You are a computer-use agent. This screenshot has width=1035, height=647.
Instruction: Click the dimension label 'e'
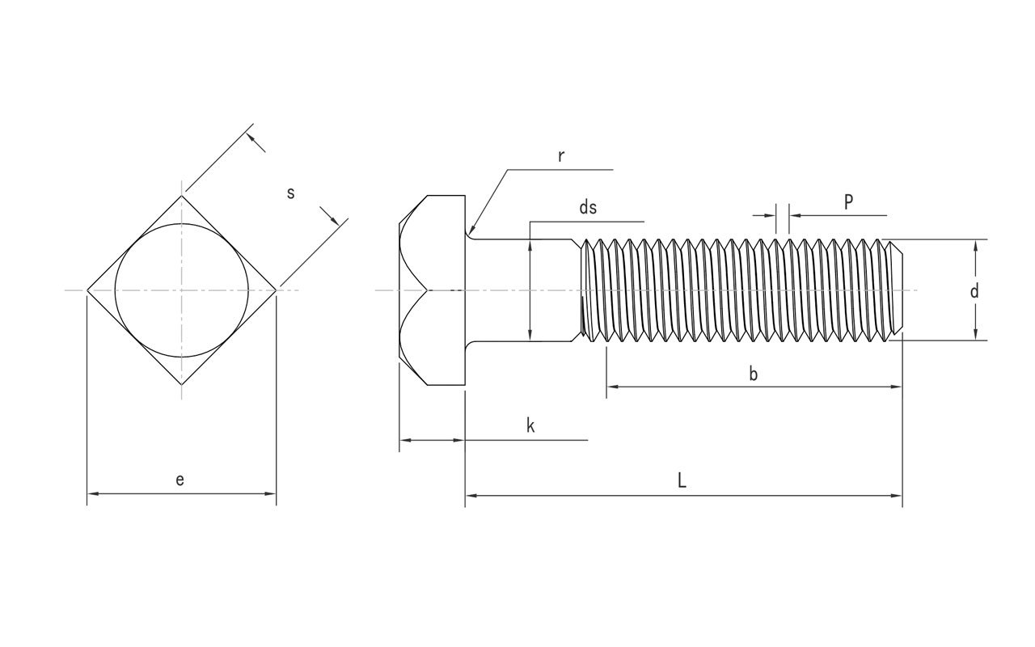click(180, 480)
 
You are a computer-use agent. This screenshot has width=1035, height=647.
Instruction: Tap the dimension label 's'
click(291, 192)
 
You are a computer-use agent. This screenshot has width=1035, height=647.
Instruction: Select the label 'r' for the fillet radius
click(560, 156)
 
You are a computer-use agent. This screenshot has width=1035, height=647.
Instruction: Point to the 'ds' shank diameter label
click(588, 207)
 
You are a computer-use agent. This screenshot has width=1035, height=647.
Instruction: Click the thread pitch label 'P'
click(848, 202)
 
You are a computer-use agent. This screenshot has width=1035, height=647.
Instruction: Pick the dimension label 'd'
click(974, 291)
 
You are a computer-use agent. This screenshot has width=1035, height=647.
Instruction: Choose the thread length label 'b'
click(753, 374)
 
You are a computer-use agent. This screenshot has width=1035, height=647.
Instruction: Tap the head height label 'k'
click(530, 426)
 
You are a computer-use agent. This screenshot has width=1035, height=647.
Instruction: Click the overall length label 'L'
click(682, 480)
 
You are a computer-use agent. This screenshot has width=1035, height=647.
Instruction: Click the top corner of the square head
click(182, 195)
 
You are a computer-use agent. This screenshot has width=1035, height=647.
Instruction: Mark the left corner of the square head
click(87, 290)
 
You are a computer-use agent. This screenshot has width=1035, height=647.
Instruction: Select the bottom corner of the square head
click(182, 385)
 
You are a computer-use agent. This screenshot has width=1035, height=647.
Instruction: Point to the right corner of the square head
click(277, 290)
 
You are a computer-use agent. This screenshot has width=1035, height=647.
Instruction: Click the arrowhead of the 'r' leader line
click(471, 232)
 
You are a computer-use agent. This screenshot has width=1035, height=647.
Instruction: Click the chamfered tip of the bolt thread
click(899, 290)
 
